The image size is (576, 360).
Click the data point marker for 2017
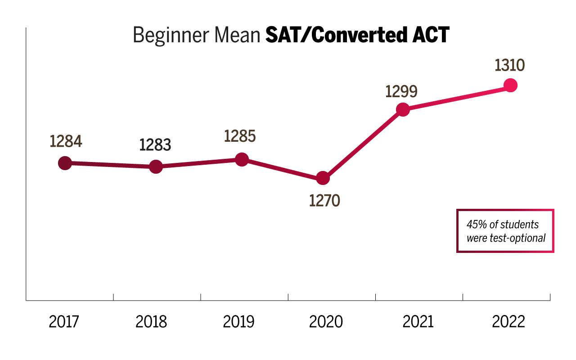[x=65, y=163]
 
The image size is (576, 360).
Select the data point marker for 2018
[x=155, y=167]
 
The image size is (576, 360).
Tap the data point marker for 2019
[x=242, y=159]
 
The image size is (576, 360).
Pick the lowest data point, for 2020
[x=323, y=178]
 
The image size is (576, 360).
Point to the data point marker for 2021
[x=403, y=109]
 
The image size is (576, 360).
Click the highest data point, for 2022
[x=510, y=85]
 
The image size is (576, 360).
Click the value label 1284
[x=66, y=141]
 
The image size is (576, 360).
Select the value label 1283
[x=155, y=145]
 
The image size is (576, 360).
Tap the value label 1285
[x=240, y=136]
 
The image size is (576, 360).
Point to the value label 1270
[x=324, y=200]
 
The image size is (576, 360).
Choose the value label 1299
[x=401, y=91]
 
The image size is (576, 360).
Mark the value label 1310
[x=510, y=65]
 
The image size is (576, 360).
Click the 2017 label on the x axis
[x=64, y=322]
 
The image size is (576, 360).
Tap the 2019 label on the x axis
[x=238, y=322]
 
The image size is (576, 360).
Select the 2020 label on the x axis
[x=326, y=322]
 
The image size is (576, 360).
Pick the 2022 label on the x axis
[x=508, y=322]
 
